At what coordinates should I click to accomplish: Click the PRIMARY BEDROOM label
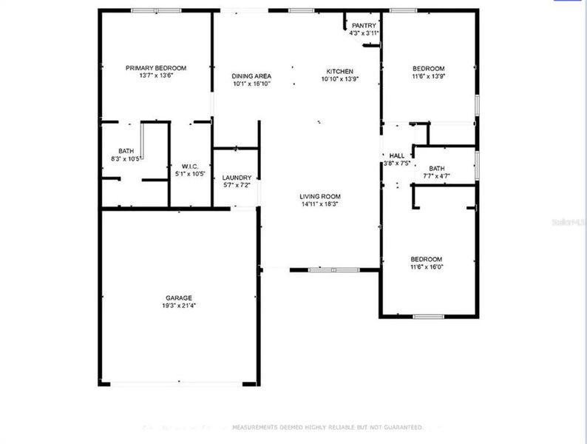pyautogui.click(x=155, y=67)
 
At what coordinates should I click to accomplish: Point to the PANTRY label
pyautogui.click(x=364, y=26)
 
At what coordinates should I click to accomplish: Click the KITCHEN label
pyautogui.click(x=330, y=71)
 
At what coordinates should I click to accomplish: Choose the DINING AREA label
pyautogui.click(x=251, y=75)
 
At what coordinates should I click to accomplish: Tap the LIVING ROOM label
pyautogui.click(x=319, y=196)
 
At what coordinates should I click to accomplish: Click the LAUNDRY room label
pyautogui.click(x=237, y=178)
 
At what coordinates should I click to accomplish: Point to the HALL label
pyautogui.click(x=396, y=155)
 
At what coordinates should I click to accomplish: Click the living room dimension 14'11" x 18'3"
pyautogui.click(x=319, y=204)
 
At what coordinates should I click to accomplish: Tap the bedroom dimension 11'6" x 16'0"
pyautogui.click(x=427, y=266)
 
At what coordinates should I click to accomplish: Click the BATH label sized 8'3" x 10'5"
pyautogui.click(x=126, y=151)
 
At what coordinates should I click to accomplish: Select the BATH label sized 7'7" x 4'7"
pyautogui.click(x=437, y=168)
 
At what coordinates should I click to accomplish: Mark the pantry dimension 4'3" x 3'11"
pyautogui.click(x=364, y=33)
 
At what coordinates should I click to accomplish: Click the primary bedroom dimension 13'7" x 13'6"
pyautogui.click(x=155, y=75)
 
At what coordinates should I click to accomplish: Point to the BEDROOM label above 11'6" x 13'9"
pyautogui.click(x=428, y=68)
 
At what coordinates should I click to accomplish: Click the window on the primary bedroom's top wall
pyautogui.click(x=156, y=10)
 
